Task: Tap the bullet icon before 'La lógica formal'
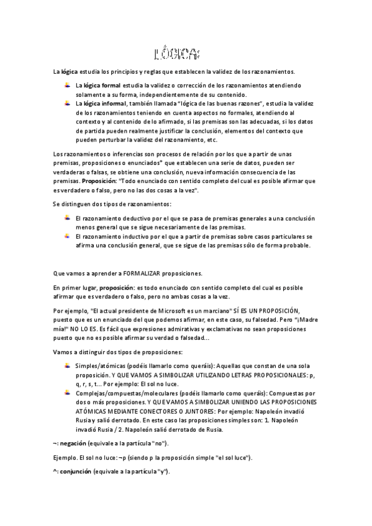click(67, 84)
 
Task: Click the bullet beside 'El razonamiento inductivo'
click(67, 236)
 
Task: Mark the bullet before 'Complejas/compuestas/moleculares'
click(67, 393)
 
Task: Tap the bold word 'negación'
click(73, 444)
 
